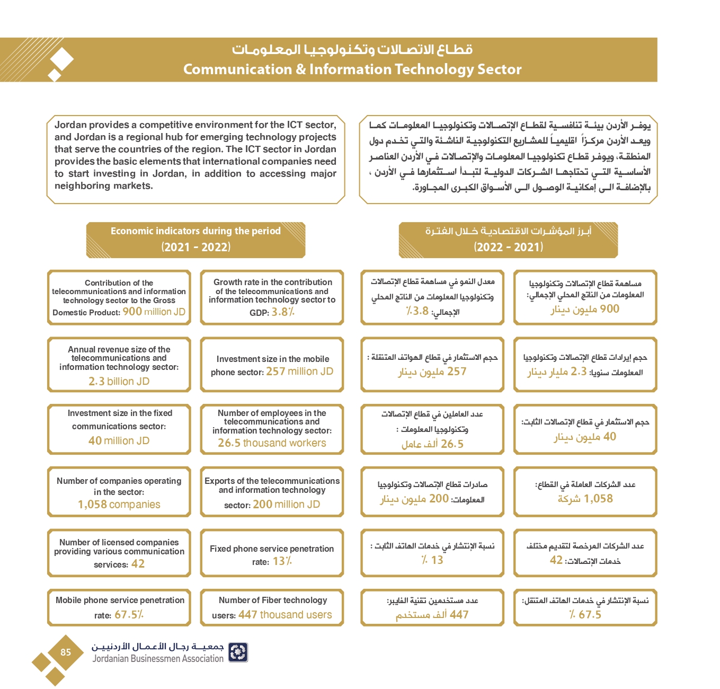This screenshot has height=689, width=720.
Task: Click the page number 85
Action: point(66,652)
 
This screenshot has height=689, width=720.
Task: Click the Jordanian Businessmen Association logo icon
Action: point(238,652)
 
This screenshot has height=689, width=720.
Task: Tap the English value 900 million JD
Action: point(154,312)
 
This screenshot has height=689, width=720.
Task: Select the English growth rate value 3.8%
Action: point(283,312)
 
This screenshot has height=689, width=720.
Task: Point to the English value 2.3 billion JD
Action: point(119,381)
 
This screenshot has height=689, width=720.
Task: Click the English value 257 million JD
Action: point(299,372)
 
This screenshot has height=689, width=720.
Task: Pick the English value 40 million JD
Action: point(119,440)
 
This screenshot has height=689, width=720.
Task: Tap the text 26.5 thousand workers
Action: point(272,443)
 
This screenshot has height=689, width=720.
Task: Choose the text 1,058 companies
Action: point(119,505)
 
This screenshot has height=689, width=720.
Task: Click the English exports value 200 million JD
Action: point(286,505)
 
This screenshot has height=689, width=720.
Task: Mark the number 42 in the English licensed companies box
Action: point(138,564)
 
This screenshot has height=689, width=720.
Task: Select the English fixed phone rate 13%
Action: point(282,561)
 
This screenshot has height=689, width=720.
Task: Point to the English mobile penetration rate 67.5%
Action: point(129,615)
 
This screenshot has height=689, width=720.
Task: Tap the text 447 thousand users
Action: point(285,615)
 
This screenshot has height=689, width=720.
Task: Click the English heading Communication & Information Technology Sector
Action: point(352,69)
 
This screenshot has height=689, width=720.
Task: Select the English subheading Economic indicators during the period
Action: point(195,231)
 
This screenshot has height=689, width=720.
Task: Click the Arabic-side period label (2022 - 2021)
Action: point(508,247)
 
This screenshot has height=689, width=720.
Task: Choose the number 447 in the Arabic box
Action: point(459,615)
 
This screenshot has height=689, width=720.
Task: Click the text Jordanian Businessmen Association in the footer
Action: point(158,659)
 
